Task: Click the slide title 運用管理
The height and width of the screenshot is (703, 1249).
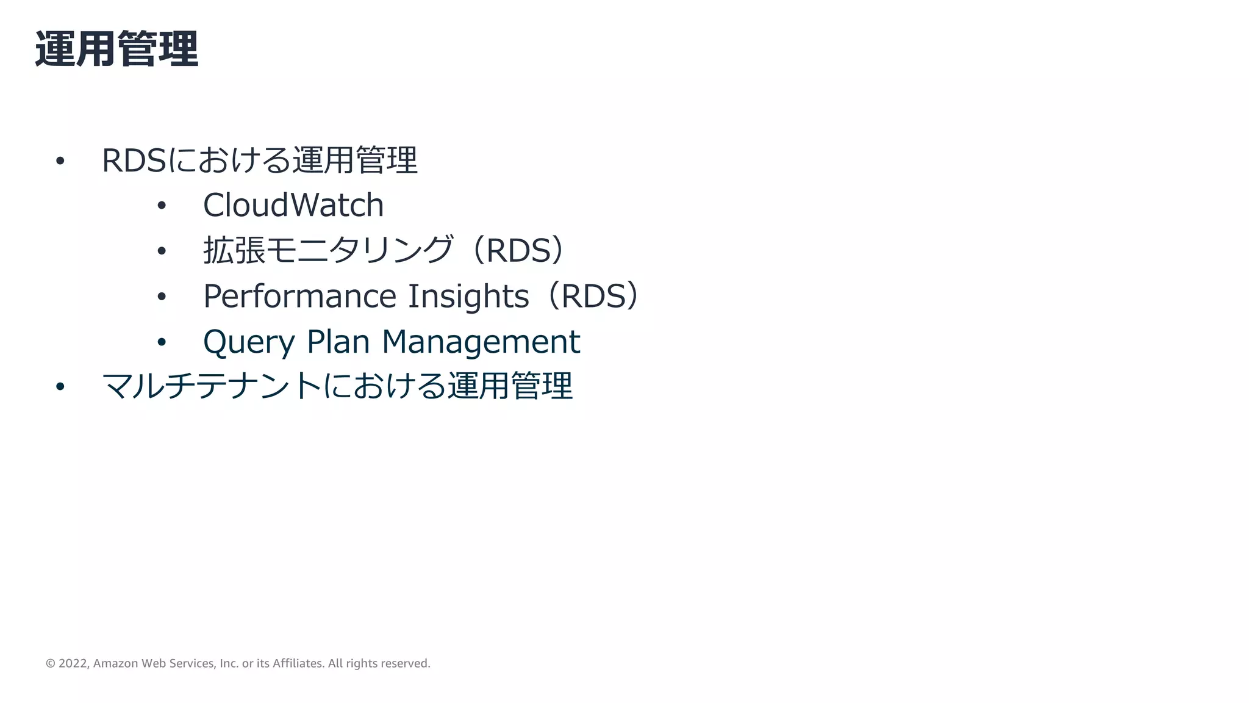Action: point(116,49)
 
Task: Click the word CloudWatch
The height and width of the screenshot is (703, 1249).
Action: point(293,205)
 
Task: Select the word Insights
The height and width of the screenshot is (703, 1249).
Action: point(468,297)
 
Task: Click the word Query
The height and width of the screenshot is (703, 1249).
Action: point(249,342)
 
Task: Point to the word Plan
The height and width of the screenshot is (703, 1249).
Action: point(338,342)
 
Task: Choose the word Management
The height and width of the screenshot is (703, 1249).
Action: point(481,342)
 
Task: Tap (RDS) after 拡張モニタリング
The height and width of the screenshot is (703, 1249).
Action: point(518,250)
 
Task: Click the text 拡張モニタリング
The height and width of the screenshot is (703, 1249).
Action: point(328,250)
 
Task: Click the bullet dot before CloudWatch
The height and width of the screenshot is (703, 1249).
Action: point(162,206)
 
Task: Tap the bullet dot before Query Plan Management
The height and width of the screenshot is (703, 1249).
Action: point(162,342)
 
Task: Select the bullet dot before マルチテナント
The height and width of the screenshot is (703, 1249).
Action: point(60,387)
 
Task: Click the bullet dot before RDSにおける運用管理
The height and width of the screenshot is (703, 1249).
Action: point(60,161)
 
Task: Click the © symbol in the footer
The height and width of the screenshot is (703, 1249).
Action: point(51,663)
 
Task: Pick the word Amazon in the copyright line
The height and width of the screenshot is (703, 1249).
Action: point(115,663)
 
